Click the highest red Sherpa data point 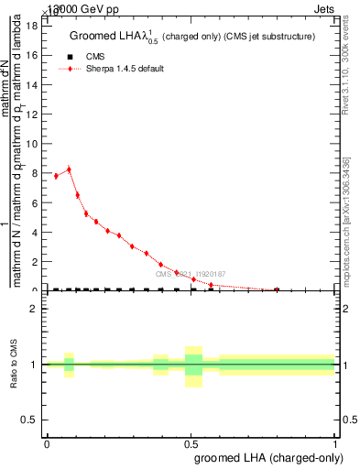pyautogui.click(x=69, y=169)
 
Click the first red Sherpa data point pyautogui.click(x=56, y=176)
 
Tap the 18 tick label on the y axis pyautogui.click(x=31, y=26)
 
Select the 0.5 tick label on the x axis pyautogui.click(x=191, y=443)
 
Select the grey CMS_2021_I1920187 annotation pyautogui.click(x=189, y=274)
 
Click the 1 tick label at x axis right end pyautogui.click(x=335, y=443)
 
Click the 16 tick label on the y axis pyautogui.click(x=31, y=55)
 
